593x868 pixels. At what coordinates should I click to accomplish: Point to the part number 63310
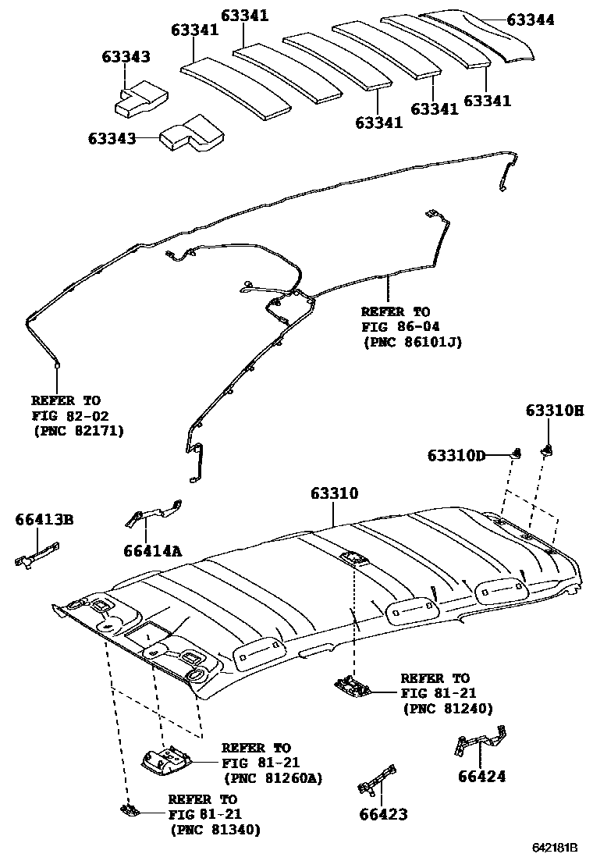click(334, 493)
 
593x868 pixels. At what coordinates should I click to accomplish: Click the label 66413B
click(44, 519)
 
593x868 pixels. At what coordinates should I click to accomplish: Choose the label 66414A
click(152, 551)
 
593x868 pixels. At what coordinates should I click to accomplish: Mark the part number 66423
click(383, 815)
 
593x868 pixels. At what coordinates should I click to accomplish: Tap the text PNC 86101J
click(412, 341)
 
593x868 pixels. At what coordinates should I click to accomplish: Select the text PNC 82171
click(78, 429)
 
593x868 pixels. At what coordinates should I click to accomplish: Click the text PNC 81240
click(447, 708)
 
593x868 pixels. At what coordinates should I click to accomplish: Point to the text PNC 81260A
click(273, 778)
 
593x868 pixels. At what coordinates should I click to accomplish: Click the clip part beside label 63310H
click(549, 449)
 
